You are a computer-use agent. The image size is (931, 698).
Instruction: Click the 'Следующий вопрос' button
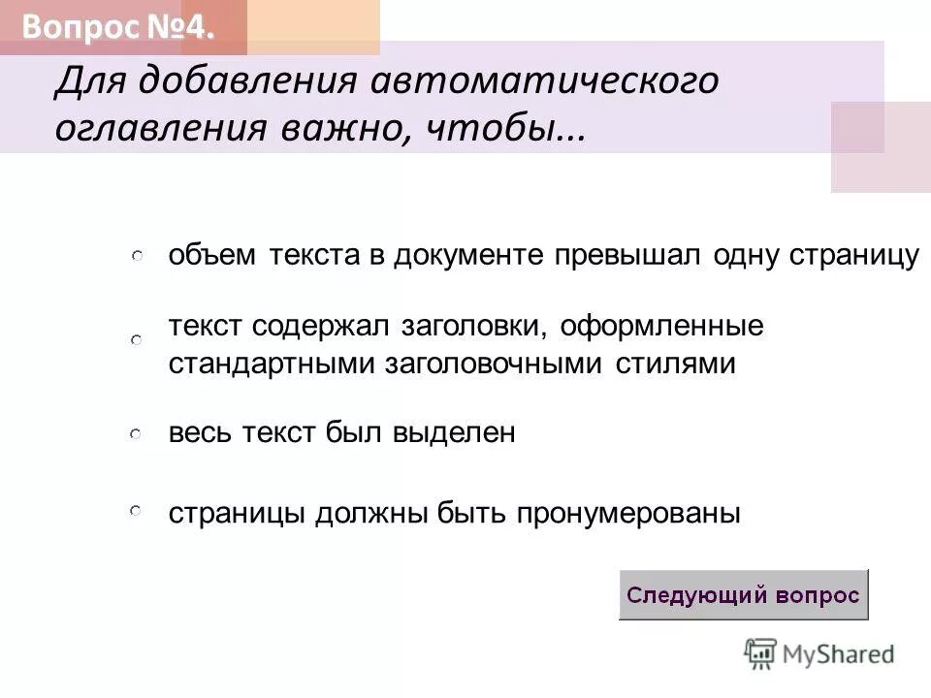pos(743,594)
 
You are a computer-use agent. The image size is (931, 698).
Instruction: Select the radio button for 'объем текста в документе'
pos(138,256)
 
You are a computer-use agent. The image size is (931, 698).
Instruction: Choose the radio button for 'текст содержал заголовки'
pos(138,340)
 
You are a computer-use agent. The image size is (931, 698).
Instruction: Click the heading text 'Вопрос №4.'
pos(115,28)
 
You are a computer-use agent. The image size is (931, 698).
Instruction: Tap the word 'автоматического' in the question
pos(545,81)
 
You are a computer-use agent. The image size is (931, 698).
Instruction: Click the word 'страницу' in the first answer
pos(854,255)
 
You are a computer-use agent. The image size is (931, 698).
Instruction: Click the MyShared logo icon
pos(761,653)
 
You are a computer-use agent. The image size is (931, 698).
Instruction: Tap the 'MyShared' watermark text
pos(838,654)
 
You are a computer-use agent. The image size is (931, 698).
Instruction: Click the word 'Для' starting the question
pos(88,81)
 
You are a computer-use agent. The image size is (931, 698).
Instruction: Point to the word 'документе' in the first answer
pos(470,255)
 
